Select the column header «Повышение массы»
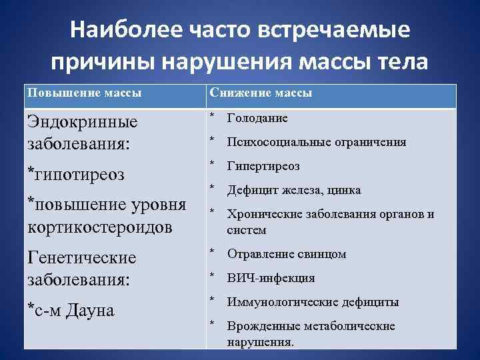tap(84, 93)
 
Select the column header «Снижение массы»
tap(261, 93)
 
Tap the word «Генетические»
tap(81, 257)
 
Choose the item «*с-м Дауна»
tap(71, 309)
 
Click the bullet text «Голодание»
tap(257, 118)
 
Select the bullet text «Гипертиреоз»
tap(263, 166)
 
